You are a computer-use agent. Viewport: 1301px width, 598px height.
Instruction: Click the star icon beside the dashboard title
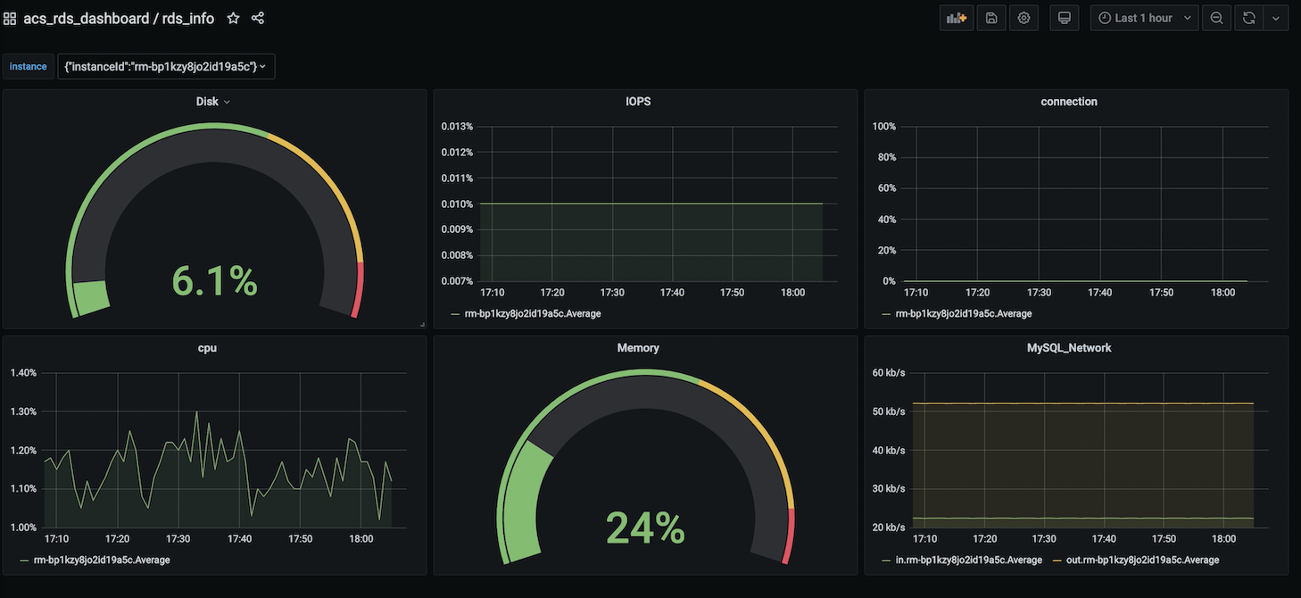point(233,18)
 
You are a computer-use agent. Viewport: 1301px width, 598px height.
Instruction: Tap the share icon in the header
point(258,18)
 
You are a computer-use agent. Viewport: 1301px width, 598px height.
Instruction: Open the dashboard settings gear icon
point(1023,18)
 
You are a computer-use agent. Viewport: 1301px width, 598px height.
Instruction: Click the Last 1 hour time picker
point(1145,18)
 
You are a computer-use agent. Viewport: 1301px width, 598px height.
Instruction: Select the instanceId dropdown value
point(166,66)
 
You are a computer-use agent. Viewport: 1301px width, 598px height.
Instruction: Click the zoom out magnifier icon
point(1216,18)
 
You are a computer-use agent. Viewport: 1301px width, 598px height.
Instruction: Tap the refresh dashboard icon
point(1249,18)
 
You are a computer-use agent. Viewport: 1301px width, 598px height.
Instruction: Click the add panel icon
point(957,18)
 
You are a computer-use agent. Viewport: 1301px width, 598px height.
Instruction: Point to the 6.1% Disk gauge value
point(214,281)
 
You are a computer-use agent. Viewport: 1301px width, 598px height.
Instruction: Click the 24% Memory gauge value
point(645,527)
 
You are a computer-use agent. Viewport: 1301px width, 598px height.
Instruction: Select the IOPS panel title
point(638,102)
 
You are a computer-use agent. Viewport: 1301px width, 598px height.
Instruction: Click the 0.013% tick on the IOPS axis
point(457,127)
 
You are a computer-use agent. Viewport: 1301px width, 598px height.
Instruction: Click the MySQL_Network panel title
point(1069,348)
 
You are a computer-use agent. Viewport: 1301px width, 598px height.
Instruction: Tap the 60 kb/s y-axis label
point(889,373)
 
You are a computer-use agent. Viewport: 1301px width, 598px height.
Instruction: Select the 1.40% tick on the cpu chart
point(23,373)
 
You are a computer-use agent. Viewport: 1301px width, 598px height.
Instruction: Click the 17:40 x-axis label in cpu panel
point(239,539)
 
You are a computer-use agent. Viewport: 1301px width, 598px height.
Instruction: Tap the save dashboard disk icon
point(990,18)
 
